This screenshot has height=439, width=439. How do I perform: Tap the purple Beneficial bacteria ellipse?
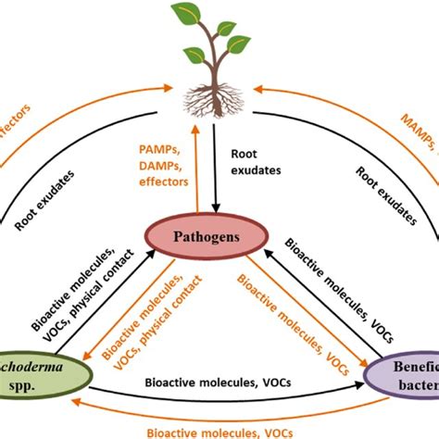click(x=405, y=378)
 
